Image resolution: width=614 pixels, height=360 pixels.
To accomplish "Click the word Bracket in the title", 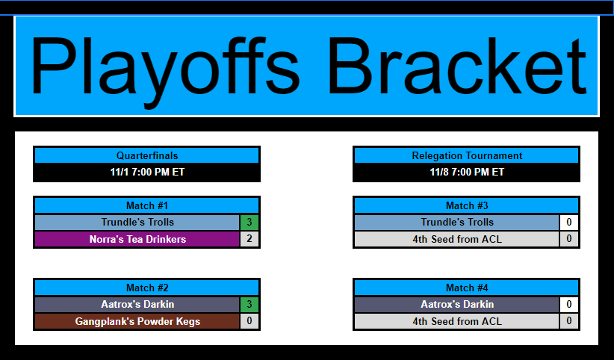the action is (x=457, y=66).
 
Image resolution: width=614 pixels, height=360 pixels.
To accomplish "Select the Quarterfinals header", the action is (x=147, y=155).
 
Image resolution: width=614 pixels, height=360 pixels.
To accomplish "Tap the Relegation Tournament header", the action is (x=467, y=155).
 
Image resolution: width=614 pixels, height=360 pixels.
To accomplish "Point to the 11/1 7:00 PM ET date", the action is (x=147, y=172).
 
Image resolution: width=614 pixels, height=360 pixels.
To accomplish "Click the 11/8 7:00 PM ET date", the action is (x=467, y=172).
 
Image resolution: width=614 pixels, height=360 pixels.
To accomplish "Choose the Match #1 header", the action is (x=147, y=205).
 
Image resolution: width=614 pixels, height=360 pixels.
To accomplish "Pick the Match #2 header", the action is (x=147, y=288).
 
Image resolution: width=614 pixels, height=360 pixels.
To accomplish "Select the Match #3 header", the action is (x=467, y=205).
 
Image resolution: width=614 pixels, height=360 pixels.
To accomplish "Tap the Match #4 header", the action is (x=467, y=288).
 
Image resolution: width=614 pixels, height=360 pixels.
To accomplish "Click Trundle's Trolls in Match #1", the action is (x=137, y=222).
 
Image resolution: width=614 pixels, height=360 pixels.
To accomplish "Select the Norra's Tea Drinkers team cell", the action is (x=137, y=239).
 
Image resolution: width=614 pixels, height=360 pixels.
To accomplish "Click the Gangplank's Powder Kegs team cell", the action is (x=137, y=321).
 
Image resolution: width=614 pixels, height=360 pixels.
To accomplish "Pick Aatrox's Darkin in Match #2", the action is (x=137, y=305).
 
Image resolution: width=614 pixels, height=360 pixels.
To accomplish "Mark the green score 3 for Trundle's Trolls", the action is (x=249, y=222).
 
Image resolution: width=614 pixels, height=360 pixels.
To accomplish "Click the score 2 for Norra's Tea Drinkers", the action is (x=249, y=239).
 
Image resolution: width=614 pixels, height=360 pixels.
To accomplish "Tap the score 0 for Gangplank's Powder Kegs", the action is (x=249, y=321).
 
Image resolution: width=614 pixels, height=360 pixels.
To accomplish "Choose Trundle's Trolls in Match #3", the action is (x=457, y=222).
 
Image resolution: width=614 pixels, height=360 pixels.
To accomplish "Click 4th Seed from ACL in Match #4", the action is (x=457, y=321).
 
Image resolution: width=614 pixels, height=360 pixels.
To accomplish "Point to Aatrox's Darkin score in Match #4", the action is (x=569, y=305).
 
